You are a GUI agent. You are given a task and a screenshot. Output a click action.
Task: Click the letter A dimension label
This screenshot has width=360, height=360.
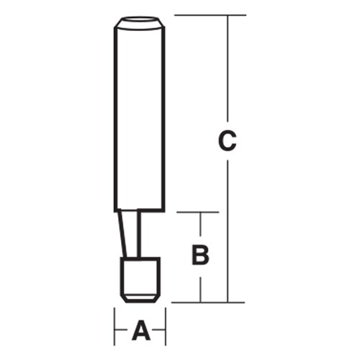[x=141, y=332]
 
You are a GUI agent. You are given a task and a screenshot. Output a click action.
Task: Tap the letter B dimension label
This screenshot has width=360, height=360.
[x=202, y=254]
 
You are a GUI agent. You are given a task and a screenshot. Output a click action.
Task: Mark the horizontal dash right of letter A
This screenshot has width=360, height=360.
[x=161, y=332]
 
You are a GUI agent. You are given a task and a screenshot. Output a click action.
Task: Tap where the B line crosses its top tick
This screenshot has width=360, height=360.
[x=202, y=212]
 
